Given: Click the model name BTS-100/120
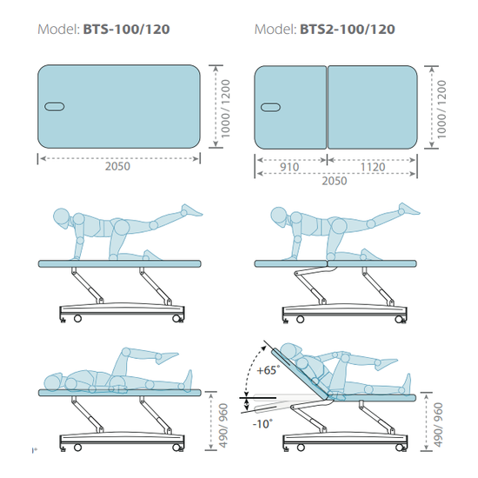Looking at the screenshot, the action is pos(126,30).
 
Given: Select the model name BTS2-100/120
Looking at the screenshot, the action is pos(348,30).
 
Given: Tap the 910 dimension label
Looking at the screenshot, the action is pos(289,167).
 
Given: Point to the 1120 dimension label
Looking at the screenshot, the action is pos(373,167).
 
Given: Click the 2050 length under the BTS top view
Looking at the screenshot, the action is pos(117,166).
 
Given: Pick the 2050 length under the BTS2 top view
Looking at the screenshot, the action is pos(335,181).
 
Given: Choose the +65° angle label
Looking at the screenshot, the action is pos(268,370).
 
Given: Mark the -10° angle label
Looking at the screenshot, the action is pos(262,423).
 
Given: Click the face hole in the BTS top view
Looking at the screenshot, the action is pos(54,107).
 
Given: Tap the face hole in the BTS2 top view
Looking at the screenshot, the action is pos(270,107).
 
